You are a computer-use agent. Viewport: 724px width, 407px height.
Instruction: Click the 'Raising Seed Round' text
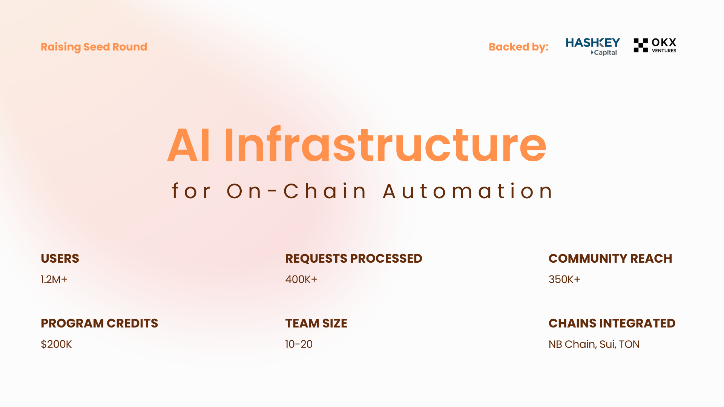point(94,47)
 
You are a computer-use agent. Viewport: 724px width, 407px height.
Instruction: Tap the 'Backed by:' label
point(518,47)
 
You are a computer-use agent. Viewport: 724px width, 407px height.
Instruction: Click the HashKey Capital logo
point(593,46)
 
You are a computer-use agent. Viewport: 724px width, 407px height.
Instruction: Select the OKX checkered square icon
point(641,45)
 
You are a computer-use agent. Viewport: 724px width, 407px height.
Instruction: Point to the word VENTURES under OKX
point(664,51)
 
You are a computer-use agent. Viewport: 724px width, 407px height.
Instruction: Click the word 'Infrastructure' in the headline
point(385,145)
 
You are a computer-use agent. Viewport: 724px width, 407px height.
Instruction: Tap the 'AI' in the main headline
point(189,145)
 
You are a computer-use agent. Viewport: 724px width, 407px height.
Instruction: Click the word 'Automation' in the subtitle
point(468,191)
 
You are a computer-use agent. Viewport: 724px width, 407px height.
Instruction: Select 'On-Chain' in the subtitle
point(296,191)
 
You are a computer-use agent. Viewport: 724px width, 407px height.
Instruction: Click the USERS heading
point(60,259)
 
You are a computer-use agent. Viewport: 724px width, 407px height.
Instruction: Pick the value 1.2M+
point(54,280)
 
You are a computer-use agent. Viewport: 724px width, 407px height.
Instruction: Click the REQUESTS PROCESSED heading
point(354,259)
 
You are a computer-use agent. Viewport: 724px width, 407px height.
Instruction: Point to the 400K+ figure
point(301,280)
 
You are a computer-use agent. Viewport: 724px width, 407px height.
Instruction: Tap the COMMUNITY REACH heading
point(610,259)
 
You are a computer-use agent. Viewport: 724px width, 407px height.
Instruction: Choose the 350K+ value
point(564,280)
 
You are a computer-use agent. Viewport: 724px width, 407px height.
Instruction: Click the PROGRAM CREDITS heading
point(100,323)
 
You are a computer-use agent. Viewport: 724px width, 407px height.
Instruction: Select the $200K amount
point(56,344)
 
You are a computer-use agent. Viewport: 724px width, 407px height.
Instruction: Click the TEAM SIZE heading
point(316,323)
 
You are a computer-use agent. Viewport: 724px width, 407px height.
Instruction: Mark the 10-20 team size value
point(299,344)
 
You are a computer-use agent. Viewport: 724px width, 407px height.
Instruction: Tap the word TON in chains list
point(629,344)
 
